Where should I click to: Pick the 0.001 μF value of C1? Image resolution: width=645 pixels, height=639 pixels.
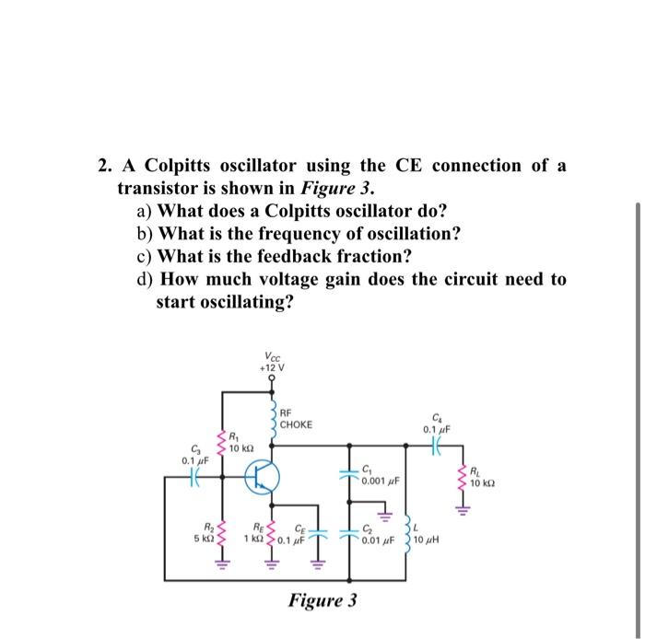pyautogui.click(x=380, y=480)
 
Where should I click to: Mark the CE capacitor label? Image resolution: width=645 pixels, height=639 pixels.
pyautogui.click(x=300, y=528)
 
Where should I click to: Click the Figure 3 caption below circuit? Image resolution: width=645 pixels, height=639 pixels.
pyautogui.click(x=322, y=601)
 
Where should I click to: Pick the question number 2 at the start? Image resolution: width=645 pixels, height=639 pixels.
pyautogui.click(x=105, y=166)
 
